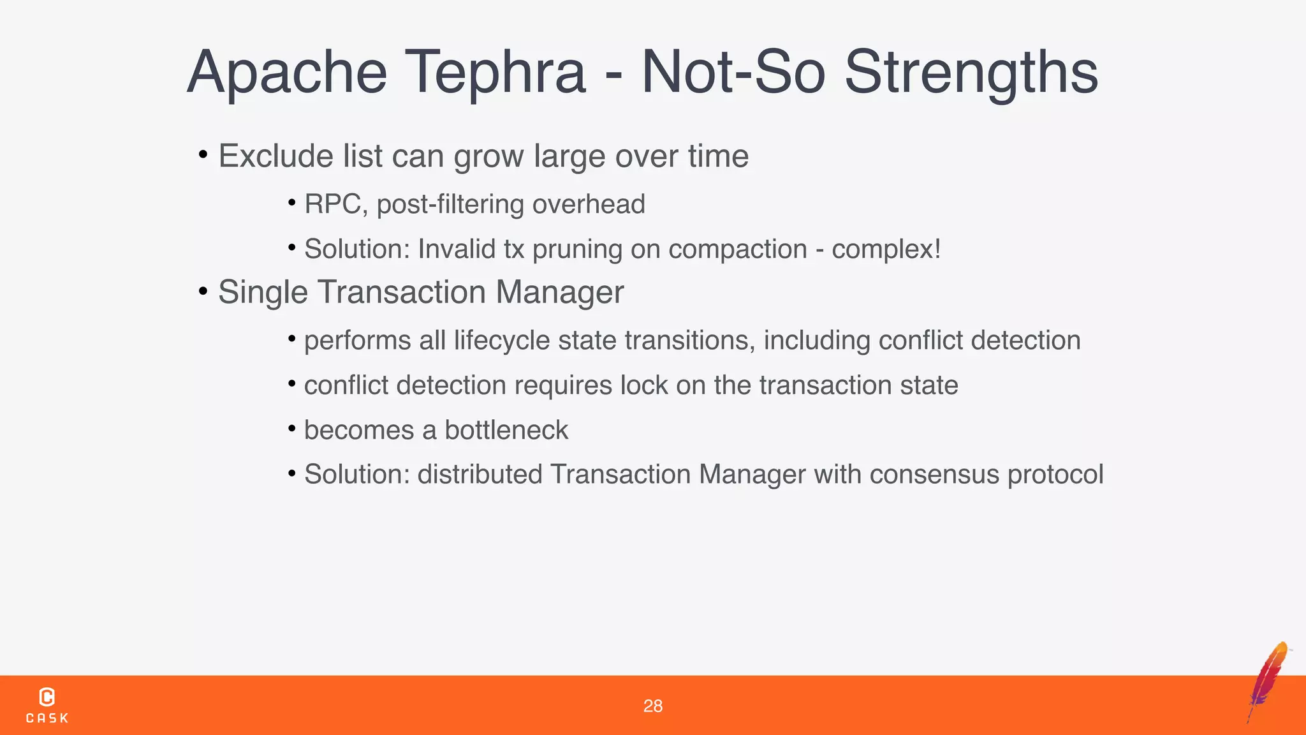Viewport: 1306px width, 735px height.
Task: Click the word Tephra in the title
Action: [x=495, y=73]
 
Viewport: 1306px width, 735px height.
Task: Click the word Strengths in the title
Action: [x=971, y=73]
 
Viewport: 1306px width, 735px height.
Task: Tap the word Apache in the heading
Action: [x=287, y=73]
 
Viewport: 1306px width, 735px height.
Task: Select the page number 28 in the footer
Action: [x=652, y=706]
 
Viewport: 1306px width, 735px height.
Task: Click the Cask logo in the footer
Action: [x=47, y=704]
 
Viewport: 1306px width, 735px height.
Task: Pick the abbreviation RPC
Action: [x=332, y=204]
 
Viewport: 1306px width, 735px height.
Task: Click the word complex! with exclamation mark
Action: [x=886, y=249]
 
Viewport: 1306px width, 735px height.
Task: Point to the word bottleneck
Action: [x=506, y=430]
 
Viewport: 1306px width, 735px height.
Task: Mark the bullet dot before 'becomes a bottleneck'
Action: [x=291, y=428]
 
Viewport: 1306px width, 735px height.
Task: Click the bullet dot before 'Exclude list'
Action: [x=203, y=154]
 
